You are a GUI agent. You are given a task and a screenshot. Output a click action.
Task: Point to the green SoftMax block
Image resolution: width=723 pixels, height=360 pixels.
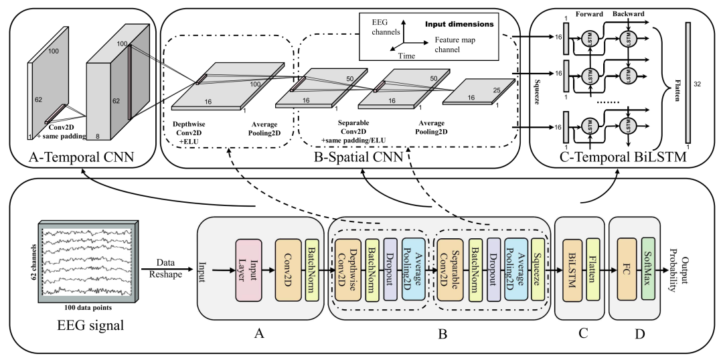pos(647,270)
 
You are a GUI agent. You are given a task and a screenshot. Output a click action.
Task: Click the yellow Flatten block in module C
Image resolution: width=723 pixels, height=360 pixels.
pos(592,270)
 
